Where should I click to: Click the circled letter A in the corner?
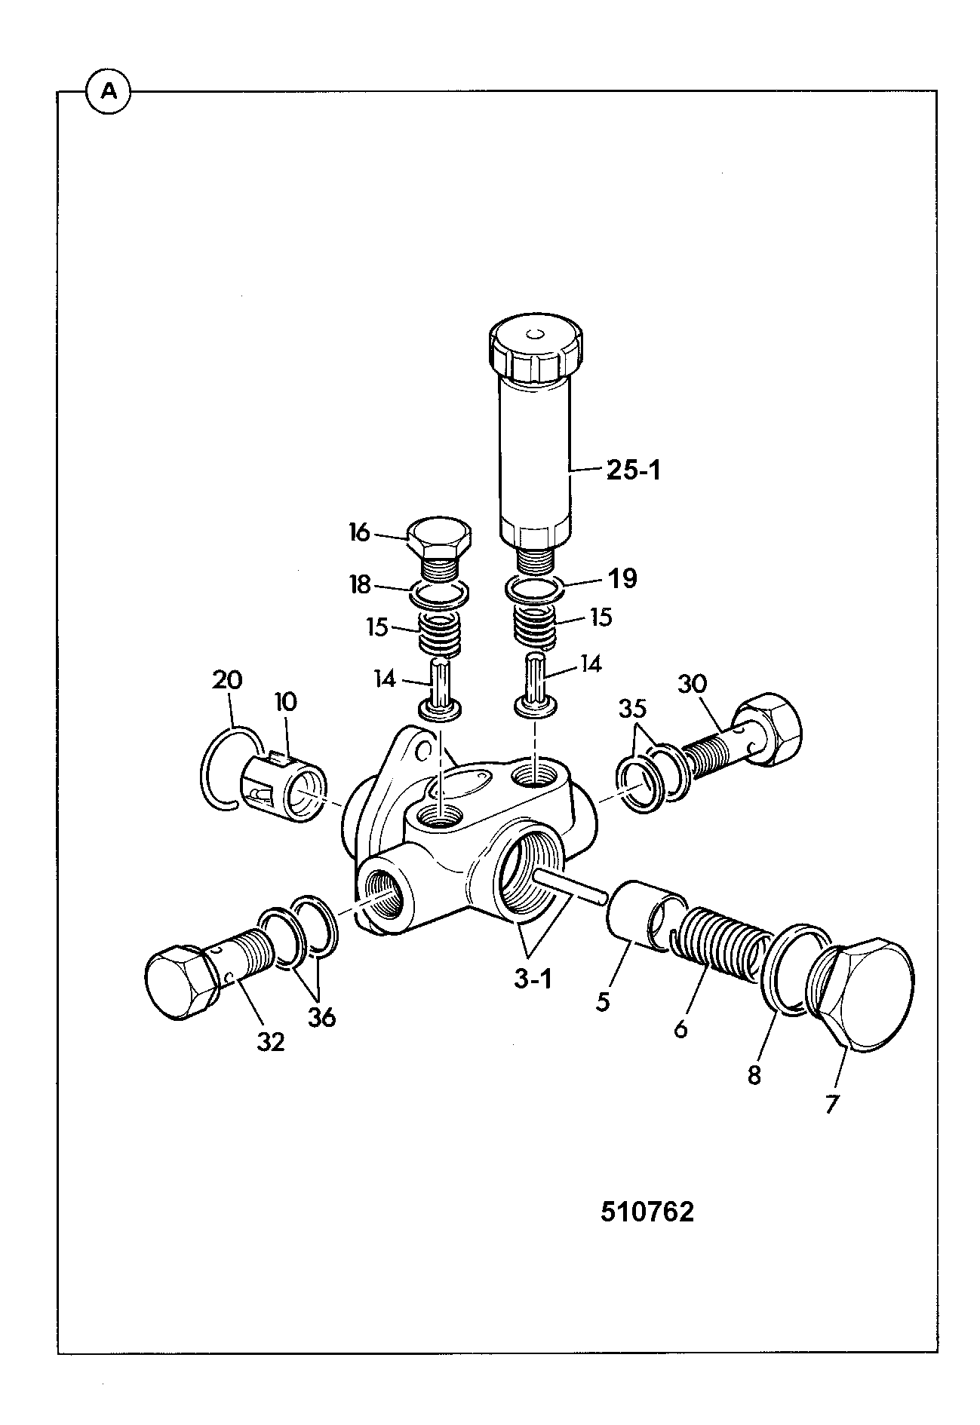click(x=109, y=92)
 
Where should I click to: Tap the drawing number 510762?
click(x=647, y=1212)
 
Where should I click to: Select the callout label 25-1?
click(x=632, y=470)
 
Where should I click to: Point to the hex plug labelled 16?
click(x=439, y=547)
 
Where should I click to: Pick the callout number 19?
click(x=623, y=578)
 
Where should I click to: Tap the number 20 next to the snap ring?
click(x=227, y=680)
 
